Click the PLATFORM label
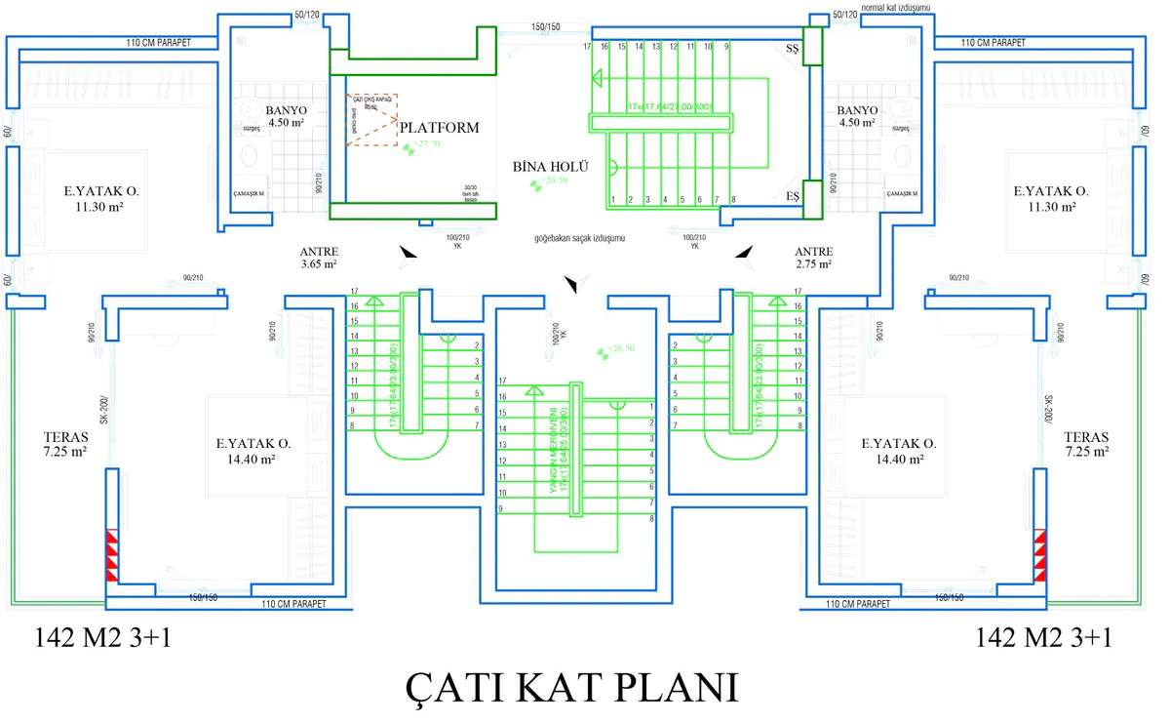[x=440, y=128]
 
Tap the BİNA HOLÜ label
[x=551, y=167]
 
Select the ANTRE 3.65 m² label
[x=319, y=258]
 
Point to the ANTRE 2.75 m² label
[x=814, y=258]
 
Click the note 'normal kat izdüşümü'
[x=896, y=8]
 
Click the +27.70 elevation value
[x=427, y=143]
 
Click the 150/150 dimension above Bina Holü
[x=545, y=26]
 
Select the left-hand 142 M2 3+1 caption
[x=96, y=638]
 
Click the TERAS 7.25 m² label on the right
[x=1086, y=444]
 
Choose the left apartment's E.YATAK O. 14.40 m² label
[x=253, y=450]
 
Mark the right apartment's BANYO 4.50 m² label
[x=857, y=117]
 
